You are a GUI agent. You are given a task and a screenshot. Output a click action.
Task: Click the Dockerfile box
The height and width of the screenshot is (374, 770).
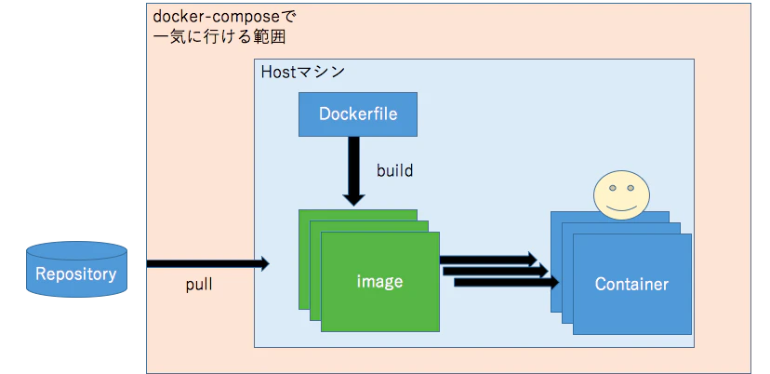[358, 114]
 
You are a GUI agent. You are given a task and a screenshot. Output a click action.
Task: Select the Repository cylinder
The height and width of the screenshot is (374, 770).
[76, 269]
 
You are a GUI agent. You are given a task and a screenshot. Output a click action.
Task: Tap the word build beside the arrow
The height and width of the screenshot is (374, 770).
[395, 170]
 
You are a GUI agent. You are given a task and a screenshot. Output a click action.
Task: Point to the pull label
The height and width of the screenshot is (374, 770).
[199, 285]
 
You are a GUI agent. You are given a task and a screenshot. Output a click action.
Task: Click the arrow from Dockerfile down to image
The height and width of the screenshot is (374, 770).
[353, 170]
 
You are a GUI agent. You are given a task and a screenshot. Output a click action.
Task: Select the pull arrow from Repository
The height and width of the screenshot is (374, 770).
[208, 264]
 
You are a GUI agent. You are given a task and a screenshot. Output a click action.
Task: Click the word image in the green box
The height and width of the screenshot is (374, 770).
[379, 281]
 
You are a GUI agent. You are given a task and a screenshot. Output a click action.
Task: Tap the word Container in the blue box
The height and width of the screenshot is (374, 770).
[631, 284]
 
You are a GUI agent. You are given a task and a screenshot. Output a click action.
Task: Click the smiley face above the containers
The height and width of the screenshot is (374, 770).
[621, 195]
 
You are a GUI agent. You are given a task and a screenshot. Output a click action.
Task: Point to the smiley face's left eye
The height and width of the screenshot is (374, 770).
[612, 188]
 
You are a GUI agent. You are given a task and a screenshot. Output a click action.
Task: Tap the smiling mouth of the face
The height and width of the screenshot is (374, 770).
[621, 207]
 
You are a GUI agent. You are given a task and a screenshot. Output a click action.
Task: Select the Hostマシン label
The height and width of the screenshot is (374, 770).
[302, 73]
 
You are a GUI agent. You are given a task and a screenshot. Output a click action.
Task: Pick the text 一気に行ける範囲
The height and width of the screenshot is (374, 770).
[219, 37]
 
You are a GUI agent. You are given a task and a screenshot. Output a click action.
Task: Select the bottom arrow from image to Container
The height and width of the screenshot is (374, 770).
[507, 282]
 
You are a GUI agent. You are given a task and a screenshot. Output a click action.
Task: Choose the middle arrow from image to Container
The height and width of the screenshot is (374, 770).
[496, 271]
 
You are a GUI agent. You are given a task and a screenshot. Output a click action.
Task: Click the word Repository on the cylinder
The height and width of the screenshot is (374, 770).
[76, 274]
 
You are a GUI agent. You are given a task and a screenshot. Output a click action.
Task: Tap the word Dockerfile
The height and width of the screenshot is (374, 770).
[358, 114]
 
